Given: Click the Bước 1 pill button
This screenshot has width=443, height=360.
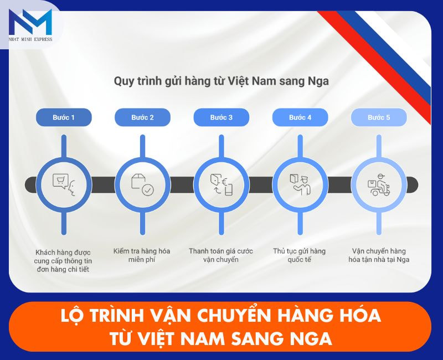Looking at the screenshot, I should click(64, 117).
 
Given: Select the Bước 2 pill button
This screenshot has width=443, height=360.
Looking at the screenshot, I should click(142, 117).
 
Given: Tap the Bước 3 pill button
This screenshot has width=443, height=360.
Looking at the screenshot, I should click(221, 117).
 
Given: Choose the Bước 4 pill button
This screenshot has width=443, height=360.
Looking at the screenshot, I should click(300, 117).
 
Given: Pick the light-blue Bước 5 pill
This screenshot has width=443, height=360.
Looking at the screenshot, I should click(379, 117).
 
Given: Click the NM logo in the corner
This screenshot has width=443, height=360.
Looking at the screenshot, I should click(30, 22).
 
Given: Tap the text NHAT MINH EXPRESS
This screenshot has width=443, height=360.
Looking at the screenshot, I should click(30, 39).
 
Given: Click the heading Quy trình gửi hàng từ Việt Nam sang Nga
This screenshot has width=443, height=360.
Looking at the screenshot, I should click(221, 81).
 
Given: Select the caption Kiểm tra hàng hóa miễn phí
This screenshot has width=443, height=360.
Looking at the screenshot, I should click(142, 255).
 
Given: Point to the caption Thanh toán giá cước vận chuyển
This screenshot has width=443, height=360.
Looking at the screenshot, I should click(221, 255).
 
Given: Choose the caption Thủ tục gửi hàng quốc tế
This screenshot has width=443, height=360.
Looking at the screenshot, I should click(300, 255).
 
